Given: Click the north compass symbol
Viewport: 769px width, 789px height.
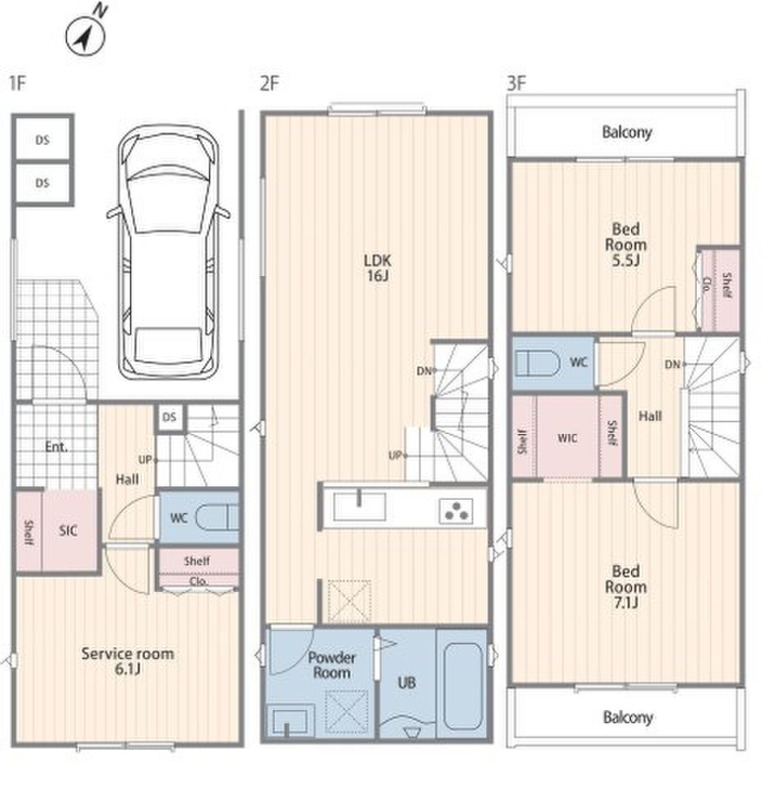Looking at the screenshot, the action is pyautogui.click(x=86, y=36).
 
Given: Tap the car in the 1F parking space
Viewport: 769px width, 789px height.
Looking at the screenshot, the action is pyautogui.click(x=169, y=252).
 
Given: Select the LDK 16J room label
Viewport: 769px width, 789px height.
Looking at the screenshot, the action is pyautogui.click(x=378, y=267).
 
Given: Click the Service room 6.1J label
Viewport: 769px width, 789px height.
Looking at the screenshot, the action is pyautogui.click(x=128, y=661).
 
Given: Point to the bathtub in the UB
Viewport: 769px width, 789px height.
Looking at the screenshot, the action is pyautogui.click(x=463, y=685).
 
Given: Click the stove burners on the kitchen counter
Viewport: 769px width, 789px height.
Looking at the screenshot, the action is pyautogui.click(x=455, y=510).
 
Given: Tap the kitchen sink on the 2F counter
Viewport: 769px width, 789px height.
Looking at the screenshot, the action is pyautogui.click(x=360, y=506).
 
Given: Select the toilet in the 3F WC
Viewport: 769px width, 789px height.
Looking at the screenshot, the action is pyautogui.click(x=537, y=363).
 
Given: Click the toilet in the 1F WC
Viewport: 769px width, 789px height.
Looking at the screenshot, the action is pyautogui.click(x=217, y=517).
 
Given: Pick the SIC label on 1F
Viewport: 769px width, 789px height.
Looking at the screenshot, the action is pyautogui.click(x=68, y=531).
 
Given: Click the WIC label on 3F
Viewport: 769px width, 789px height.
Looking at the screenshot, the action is pyautogui.click(x=567, y=438).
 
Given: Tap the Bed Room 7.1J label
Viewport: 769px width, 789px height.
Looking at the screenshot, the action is pyautogui.click(x=626, y=587).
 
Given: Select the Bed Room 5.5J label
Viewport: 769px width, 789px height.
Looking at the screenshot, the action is pyautogui.click(x=626, y=245).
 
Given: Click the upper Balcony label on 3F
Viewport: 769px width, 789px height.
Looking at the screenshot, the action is pyautogui.click(x=627, y=132).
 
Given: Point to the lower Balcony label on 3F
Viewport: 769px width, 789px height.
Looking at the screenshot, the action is pyautogui.click(x=628, y=717).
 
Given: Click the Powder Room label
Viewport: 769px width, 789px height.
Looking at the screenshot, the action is pyautogui.click(x=331, y=665).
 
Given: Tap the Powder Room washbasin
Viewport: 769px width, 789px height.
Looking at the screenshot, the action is pyautogui.click(x=287, y=721).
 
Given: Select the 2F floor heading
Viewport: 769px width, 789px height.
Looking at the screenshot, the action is pyautogui.click(x=269, y=83).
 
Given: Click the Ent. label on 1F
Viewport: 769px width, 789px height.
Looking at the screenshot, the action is pyautogui.click(x=56, y=447).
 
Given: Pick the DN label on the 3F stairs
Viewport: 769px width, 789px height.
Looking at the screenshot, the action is pyautogui.click(x=672, y=364).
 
